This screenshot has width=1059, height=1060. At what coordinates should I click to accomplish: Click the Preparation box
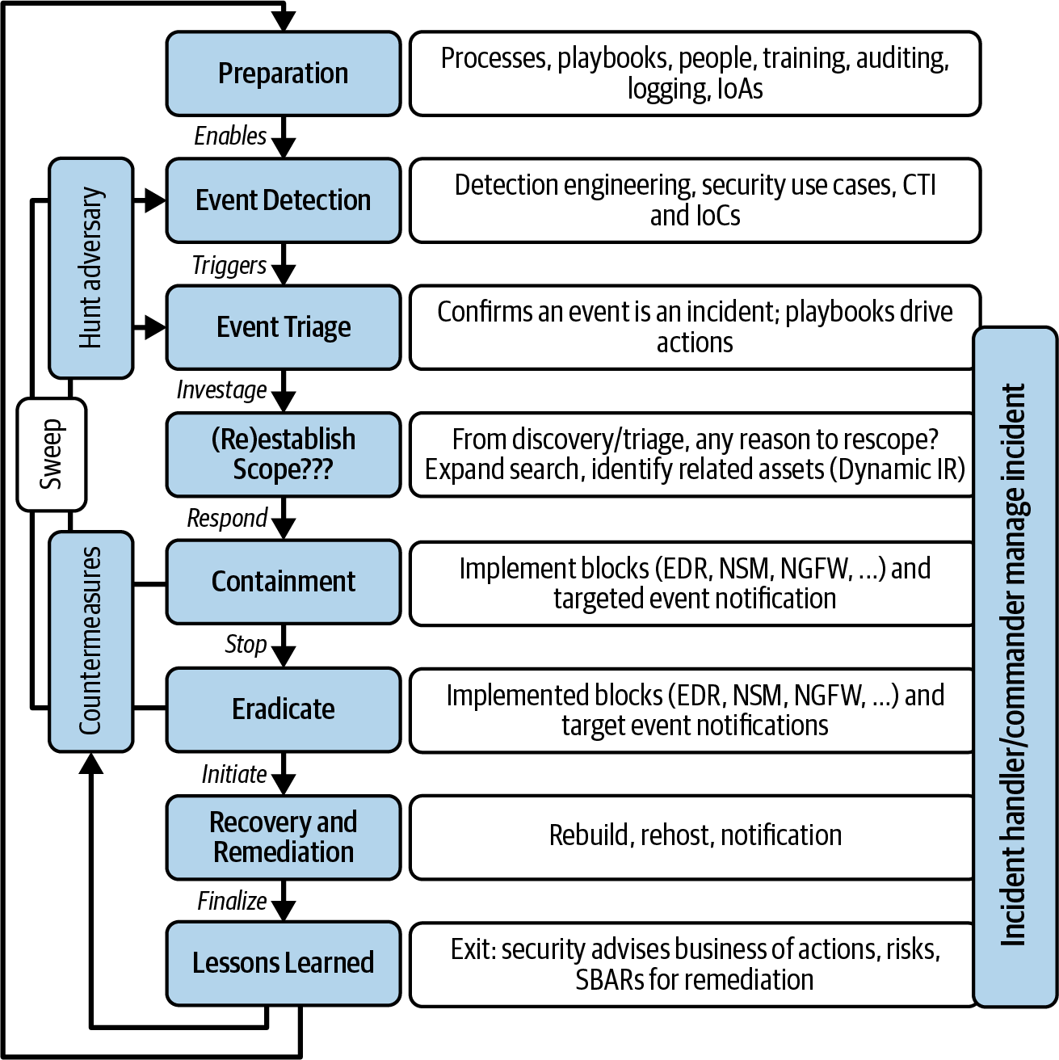tap(284, 74)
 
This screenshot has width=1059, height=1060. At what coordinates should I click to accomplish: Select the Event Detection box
tap(284, 200)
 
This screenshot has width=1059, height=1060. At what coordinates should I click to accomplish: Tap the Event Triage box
tap(284, 327)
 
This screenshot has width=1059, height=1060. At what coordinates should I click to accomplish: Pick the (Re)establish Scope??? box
tap(284, 454)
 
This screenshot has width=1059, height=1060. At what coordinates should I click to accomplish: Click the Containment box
tap(284, 582)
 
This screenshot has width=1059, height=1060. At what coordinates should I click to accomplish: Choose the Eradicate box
tap(284, 709)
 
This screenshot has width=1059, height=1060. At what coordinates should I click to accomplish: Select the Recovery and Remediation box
tap(284, 837)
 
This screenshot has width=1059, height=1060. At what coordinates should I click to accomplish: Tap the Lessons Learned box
tap(284, 964)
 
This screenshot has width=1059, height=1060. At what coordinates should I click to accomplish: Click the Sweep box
tap(52, 454)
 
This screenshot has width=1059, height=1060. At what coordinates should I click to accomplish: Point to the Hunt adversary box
tap(91, 268)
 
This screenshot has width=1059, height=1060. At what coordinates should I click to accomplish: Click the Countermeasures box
tap(91, 641)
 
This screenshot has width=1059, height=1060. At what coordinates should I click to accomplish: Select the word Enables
tap(230, 136)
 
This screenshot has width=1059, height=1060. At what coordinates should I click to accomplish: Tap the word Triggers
tap(229, 266)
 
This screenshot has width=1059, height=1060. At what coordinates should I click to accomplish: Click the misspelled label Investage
tap(221, 390)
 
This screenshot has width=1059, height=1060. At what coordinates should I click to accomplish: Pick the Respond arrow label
tap(227, 519)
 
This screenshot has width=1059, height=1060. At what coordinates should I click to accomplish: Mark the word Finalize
tap(232, 901)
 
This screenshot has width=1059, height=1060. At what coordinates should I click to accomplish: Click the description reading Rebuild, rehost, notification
tap(695, 835)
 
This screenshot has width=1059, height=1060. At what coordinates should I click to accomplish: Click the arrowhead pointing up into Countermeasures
tap(91, 763)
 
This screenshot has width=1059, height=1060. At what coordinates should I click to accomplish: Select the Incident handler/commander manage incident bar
tap(1015, 667)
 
